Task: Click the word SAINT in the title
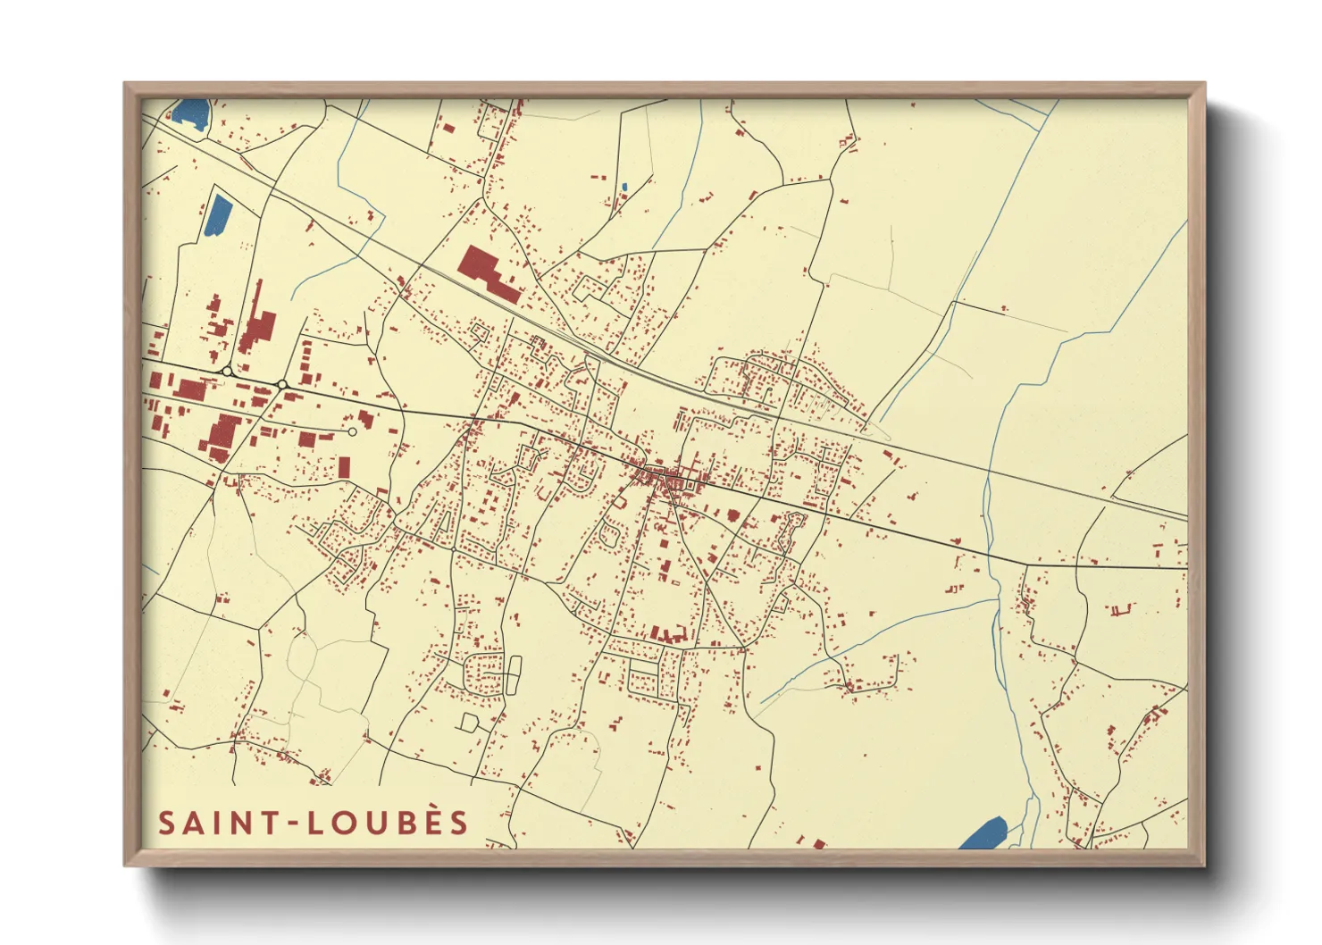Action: (217, 823)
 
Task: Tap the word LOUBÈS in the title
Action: (389, 823)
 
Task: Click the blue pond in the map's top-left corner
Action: (191, 113)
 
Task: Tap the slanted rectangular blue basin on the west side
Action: (218, 214)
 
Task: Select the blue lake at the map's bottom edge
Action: (983, 833)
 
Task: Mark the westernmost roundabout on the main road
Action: (227, 371)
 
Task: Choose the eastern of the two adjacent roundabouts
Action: (282, 384)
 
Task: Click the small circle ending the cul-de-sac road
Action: (352, 431)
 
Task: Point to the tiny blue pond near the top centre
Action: (623, 188)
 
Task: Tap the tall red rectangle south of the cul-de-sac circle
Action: (345, 467)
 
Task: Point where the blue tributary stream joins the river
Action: (997, 600)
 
